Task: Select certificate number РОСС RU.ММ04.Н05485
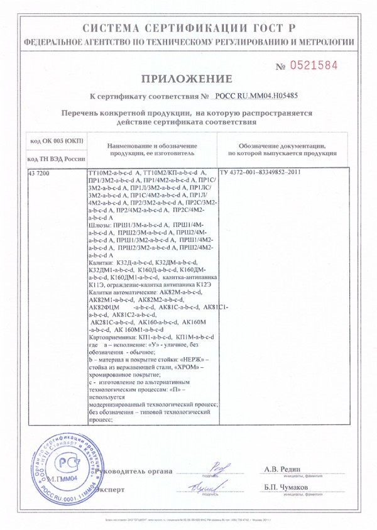256,97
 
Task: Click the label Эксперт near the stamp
112,488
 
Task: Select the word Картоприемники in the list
112,337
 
